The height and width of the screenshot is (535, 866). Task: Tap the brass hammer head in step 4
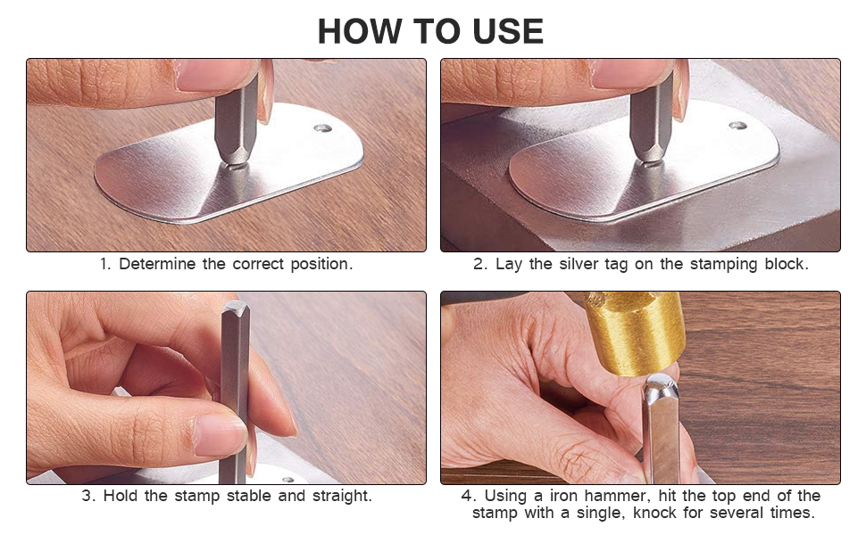pyautogui.click(x=634, y=331)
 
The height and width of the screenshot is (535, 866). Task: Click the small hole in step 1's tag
pyautogui.click(x=323, y=128)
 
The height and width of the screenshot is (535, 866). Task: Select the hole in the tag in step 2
pyautogui.click(x=737, y=126)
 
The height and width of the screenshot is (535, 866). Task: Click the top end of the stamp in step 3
pyautogui.click(x=236, y=308)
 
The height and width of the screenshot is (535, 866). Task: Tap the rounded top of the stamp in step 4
pyautogui.click(x=660, y=382)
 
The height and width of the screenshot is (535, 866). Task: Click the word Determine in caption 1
pyautogui.click(x=157, y=264)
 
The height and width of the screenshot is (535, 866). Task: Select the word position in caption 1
pyautogui.click(x=321, y=264)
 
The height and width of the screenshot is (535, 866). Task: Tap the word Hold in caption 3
pyautogui.click(x=121, y=495)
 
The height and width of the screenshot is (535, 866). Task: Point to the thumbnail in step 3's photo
pyautogui.click(x=220, y=434)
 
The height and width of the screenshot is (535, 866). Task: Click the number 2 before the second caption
pyautogui.click(x=479, y=264)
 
